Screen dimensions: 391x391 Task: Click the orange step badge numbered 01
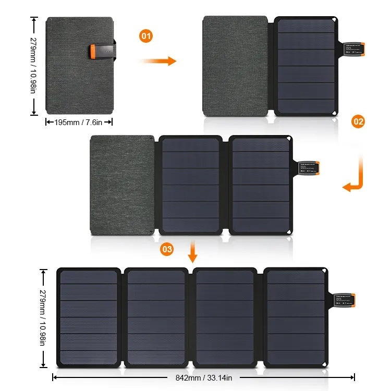tap(146, 36)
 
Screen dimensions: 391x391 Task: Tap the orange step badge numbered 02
tap(358, 122)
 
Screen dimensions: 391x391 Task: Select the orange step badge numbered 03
tap(167, 249)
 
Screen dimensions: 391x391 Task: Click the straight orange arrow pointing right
tap(157, 61)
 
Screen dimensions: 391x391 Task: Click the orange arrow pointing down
tap(193, 252)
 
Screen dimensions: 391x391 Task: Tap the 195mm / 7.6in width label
tap(79, 122)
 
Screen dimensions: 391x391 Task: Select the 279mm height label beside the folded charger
tap(33, 66)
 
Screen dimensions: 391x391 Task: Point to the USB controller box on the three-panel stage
tap(309, 167)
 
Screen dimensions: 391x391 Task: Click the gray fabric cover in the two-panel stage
tap(235, 66)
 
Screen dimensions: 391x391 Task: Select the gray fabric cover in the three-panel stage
tap(123, 185)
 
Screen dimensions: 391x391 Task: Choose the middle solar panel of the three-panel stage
tap(190, 185)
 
